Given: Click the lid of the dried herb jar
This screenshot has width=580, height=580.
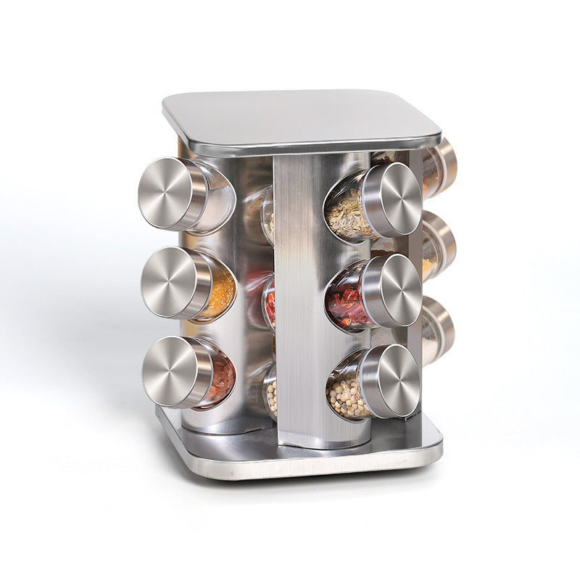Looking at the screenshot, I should (392, 199).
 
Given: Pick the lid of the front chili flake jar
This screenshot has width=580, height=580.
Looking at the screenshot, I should (392, 290).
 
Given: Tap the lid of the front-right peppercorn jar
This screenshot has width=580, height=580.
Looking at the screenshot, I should (390, 381).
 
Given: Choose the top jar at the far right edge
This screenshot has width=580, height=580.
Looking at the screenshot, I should (439, 168).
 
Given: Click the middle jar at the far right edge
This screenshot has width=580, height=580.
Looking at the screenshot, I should (439, 246).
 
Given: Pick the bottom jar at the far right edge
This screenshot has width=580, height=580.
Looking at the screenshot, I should (438, 330).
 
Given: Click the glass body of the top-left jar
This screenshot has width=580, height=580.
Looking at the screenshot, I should (217, 199).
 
